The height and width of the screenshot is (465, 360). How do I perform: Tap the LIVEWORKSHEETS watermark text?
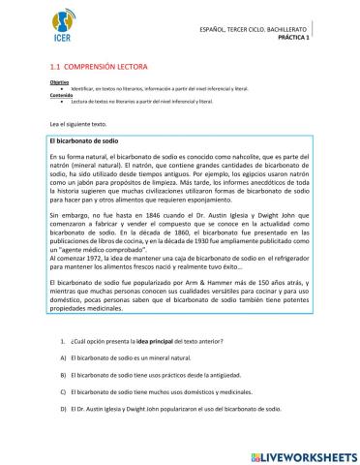302,454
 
